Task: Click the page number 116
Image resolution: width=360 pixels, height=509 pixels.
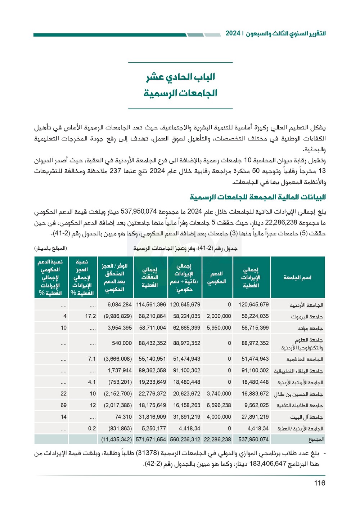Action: tap(319, 483)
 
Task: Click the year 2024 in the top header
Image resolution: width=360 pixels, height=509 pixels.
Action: tap(233, 34)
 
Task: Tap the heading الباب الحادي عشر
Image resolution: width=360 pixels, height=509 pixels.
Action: tap(180, 77)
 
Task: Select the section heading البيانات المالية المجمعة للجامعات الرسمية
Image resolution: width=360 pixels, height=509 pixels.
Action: tap(258, 197)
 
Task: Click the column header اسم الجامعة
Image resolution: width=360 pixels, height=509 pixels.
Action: tap(297, 277)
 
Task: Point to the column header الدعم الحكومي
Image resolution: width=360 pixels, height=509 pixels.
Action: tap(216, 277)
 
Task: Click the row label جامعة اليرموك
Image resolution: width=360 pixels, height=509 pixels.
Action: tap(307, 317)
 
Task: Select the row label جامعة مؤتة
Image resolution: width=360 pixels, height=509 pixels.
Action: tap(310, 328)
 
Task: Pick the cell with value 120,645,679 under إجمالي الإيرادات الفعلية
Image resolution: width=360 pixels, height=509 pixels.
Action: tap(253, 305)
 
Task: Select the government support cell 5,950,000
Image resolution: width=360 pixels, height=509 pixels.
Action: tap(219, 328)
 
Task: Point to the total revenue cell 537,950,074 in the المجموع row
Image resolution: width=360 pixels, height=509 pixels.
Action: tap(253, 439)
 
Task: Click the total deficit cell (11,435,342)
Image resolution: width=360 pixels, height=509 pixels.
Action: tap(116, 439)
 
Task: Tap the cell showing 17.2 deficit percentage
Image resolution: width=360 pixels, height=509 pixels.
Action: tap(90, 316)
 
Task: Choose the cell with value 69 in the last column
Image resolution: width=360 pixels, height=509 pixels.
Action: tap(63, 405)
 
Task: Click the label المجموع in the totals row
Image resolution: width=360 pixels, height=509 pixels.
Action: tap(316, 439)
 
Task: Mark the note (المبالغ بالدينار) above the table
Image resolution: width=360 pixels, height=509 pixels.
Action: tap(51, 249)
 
